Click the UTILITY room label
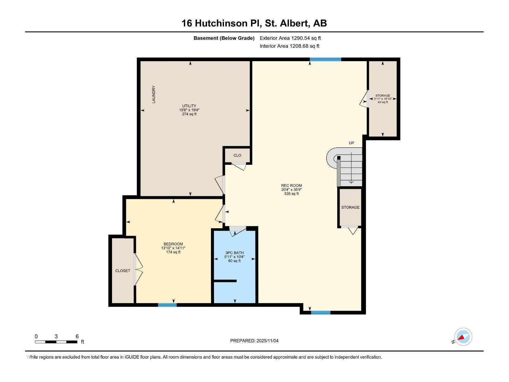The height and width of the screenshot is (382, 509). [189, 106]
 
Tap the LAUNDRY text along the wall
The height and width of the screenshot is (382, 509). [154, 94]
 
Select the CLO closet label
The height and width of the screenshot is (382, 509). [237, 155]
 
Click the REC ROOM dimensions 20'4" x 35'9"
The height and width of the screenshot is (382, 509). [291, 190]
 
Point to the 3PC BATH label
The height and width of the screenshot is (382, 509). [234, 253]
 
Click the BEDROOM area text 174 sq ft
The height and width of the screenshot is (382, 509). [173, 252]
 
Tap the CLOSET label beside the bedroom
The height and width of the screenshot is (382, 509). [122, 271]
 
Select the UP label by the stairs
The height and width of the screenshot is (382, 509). [351, 143]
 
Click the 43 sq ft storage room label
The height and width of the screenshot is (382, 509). [383, 102]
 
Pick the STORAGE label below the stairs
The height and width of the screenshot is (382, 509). [350, 207]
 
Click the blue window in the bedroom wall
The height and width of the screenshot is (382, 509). [167, 305]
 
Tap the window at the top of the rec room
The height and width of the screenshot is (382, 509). [325, 60]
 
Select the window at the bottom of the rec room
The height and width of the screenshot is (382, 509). [320, 313]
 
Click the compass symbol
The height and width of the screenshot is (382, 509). [463, 337]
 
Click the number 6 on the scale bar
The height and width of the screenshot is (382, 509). [77, 336]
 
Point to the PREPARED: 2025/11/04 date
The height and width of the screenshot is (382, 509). [254, 341]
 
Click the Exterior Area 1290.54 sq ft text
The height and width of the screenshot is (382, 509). [290, 38]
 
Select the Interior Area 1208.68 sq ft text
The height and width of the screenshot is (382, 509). [289, 46]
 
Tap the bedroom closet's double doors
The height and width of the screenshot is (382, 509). [138, 270]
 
